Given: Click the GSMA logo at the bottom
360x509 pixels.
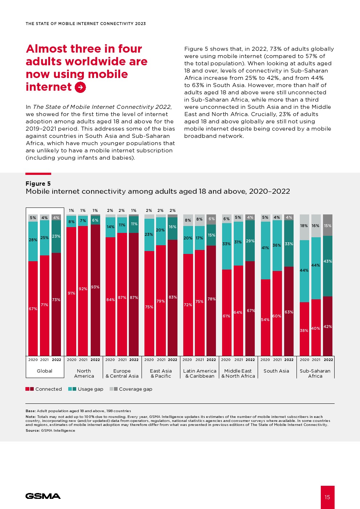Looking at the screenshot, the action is pyautogui.click(x=43, y=496).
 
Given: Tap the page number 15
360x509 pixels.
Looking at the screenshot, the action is pyautogui.click(x=327, y=497).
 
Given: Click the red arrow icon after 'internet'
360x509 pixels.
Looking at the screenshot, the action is pyautogui.click(x=80, y=87).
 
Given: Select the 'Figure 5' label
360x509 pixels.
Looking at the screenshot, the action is pyautogui.click(x=38, y=184).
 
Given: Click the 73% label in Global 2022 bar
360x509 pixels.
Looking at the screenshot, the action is pyautogui.click(x=56, y=300).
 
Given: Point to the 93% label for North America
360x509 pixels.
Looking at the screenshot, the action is pyautogui.click(x=95, y=287).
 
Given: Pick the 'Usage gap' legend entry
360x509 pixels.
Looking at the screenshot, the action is pyautogui.click(x=86, y=389).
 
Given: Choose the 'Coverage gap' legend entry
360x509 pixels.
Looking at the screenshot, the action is pyautogui.click(x=131, y=389).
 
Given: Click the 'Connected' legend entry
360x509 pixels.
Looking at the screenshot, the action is pyautogui.click(x=44, y=389).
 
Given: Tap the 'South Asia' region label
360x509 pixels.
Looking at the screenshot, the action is pyautogui.click(x=276, y=371).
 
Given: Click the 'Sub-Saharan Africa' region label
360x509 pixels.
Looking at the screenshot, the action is pyautogui.click(x=315, y=373).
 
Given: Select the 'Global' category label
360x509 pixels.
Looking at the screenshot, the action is pyautogui.click(x=45, y=371).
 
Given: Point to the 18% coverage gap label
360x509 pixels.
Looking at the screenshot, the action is pyautogui.click(x=304, y=226).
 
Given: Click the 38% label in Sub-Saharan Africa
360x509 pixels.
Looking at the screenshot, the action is pyautogui.click(x=304, y=331).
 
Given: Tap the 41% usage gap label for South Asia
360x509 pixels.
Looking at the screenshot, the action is pyautogui.click(x=265, y=248).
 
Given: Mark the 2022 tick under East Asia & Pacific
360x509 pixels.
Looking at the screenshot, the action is pyautogui.click(x=172, y=360).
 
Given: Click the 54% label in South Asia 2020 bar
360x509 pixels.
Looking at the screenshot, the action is pyautogui.click(x=265, y=320).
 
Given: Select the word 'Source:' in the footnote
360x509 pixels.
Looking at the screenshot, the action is pyautogui.click(x=33, y=430).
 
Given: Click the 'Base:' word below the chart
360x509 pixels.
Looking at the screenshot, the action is pyautogui.click(x=31, y=411).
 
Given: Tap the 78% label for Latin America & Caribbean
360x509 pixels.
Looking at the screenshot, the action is pyautogui.click(x=212, y=299).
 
